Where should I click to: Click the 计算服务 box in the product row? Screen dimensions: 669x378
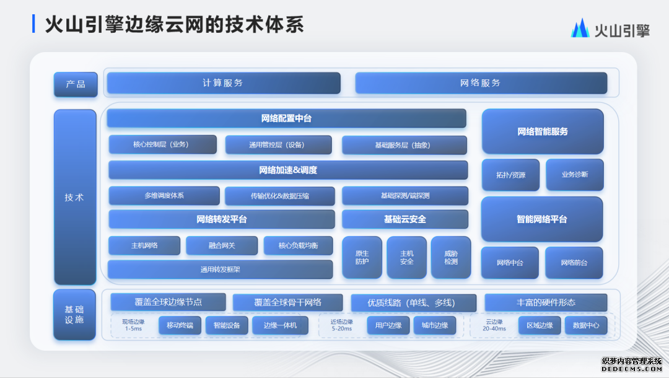pos(224,83)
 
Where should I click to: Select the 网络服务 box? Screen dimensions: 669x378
pos(481,83)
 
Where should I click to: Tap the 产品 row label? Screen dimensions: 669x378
pos(76,84)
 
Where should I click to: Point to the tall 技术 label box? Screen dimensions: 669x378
pos(75,197)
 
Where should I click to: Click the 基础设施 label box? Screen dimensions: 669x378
pos(74,314)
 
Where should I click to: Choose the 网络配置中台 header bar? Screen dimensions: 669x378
pos(286,118)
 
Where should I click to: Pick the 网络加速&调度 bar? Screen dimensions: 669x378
pos(288,170)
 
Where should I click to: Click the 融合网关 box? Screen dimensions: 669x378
pos(222,245)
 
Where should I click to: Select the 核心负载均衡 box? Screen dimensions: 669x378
pos(298,245)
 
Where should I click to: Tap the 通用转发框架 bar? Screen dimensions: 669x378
pos(220,269)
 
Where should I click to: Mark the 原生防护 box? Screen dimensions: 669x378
pos(362,257)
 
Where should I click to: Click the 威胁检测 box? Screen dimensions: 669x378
pos(451,257)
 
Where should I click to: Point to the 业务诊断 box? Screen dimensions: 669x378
pos(575,175)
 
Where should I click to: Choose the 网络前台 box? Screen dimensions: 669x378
pos(574,262)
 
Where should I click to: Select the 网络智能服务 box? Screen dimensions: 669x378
pos(543,131)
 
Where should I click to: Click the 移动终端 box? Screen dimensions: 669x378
pos(180,325)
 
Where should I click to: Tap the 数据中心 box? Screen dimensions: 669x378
pos(586,325)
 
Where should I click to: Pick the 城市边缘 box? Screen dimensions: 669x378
pos(435,325)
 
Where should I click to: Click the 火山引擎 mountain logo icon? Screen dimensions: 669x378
pos(580,28)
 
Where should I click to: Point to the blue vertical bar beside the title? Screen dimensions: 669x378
pos(33,24)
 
